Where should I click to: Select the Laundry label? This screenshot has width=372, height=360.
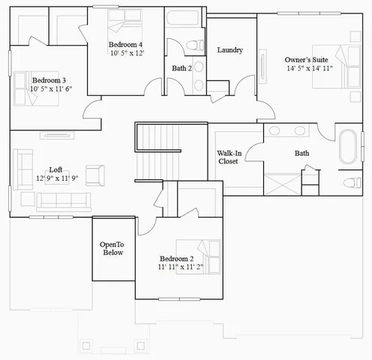pyautogui.click(x=229, y=50)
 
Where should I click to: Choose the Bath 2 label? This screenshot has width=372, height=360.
pyautogui.click(x=182, y=68)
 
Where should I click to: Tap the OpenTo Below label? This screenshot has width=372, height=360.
pyautogui.click(x=112, y=248)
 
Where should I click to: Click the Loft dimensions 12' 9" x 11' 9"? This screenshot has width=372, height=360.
pyautogui.click(x=57, y=178)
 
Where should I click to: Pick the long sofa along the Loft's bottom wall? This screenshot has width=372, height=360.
pyautogui.click(x=64, y=201)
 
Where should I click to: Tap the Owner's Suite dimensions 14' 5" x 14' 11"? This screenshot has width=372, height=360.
pyautogui.click(x=309, y=68)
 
